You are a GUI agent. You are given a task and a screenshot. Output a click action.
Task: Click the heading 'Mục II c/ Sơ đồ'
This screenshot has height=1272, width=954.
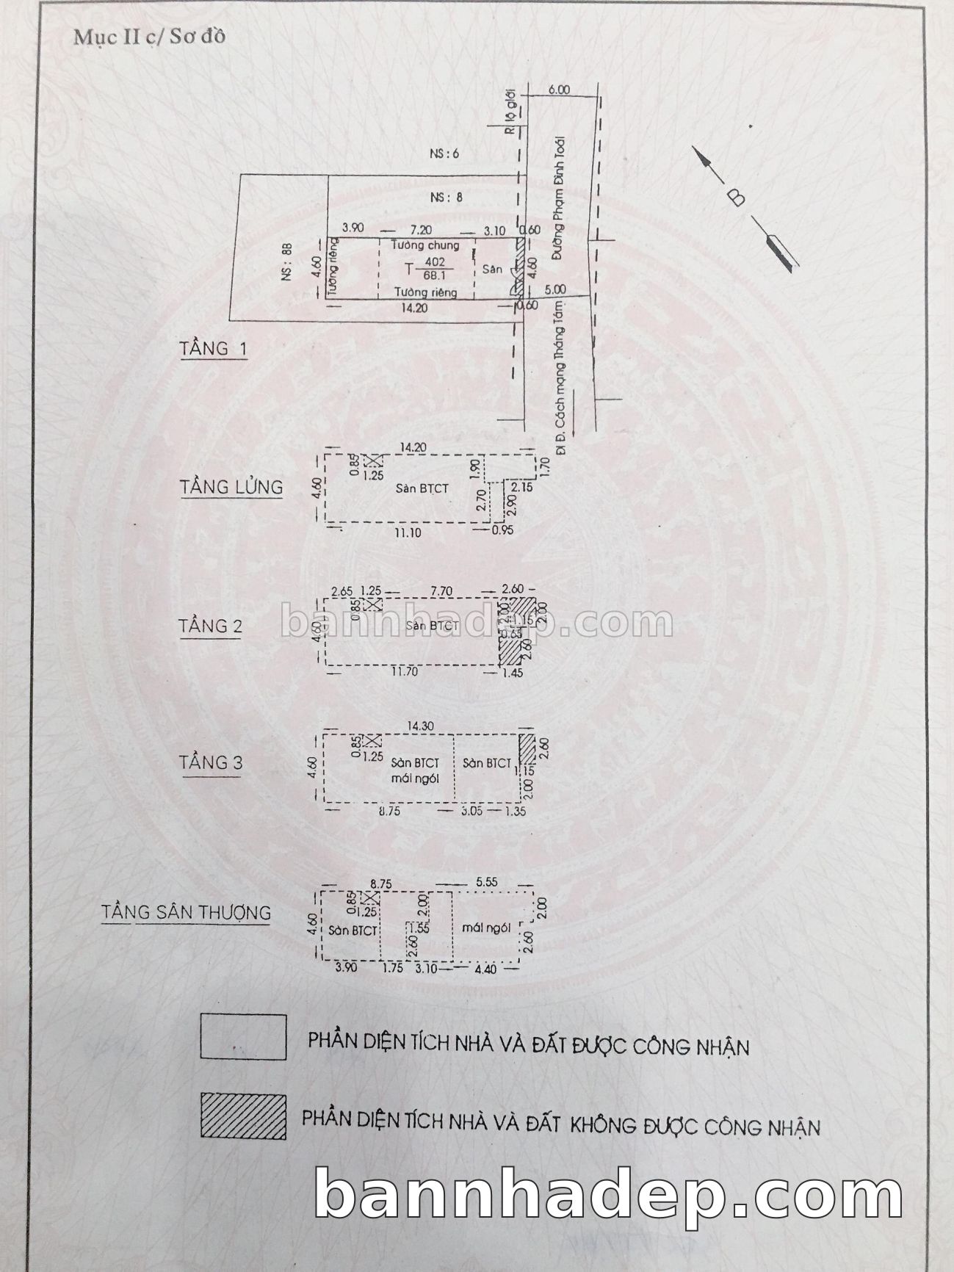click(148, 37)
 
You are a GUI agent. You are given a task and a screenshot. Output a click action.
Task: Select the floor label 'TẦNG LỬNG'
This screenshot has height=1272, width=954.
click(231, 486)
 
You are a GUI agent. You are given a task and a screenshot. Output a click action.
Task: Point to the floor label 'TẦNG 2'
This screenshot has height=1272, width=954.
click(210, 626)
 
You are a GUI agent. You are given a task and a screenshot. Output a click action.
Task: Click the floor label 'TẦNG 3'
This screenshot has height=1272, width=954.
click(211, 762)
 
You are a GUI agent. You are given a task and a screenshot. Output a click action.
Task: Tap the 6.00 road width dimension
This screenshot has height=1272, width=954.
click(558, 90)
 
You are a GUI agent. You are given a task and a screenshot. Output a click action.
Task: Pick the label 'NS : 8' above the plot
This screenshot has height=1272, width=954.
click(446, 197)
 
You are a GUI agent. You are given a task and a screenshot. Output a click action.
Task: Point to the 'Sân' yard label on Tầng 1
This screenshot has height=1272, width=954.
click(492, 270)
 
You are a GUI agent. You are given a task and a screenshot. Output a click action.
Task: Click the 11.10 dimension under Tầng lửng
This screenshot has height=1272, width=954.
click(407, 532)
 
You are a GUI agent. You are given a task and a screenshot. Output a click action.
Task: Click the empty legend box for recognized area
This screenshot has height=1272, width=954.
click(243, 1036)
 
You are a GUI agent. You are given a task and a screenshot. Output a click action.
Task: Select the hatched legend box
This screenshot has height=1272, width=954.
click(243, 1116)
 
